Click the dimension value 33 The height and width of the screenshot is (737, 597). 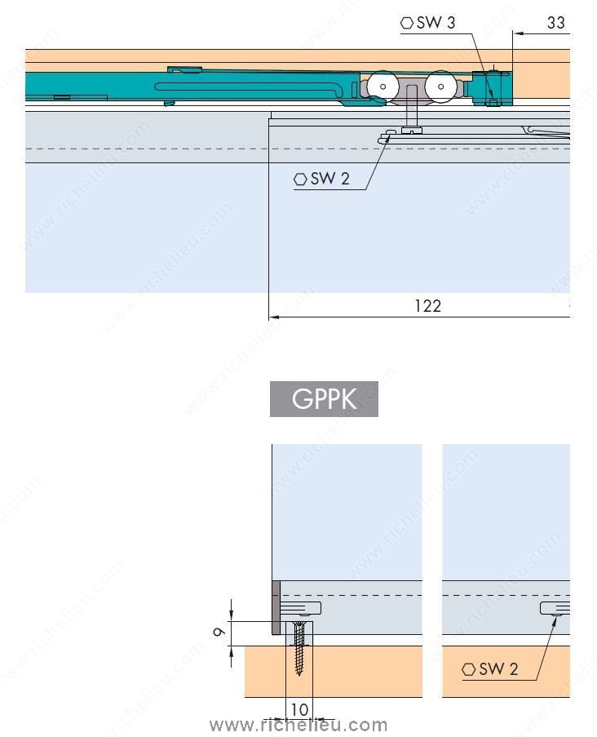(555, 23)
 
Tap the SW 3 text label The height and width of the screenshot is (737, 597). (436, 23)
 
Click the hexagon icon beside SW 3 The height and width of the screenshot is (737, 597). (407, 23)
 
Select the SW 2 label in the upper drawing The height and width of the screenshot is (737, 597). (329, 179)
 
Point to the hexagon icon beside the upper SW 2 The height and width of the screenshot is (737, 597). (301, 179)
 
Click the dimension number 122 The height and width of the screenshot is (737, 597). (427, 306)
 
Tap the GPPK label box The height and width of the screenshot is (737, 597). (324, 399)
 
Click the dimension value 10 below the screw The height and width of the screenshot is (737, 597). (299, 710)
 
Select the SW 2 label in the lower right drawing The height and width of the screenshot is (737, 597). (498, 669)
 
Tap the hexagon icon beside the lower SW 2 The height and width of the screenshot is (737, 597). (469, 669)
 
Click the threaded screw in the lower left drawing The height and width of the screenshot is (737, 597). (300, 649)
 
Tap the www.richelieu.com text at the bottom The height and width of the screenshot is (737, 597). (298, 725)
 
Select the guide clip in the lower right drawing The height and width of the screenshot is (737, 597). (555, 609)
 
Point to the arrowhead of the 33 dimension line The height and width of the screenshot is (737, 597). (517, 33)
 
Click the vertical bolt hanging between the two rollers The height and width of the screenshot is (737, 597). (413, 111)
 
